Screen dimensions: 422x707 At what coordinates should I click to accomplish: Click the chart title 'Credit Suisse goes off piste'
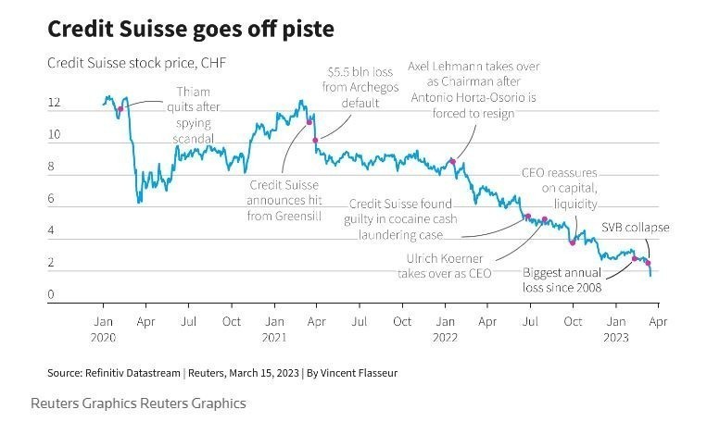point(190,30)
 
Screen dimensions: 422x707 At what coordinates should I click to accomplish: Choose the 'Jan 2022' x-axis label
point(446,329)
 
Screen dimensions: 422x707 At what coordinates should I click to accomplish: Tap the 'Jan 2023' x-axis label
point(615,329)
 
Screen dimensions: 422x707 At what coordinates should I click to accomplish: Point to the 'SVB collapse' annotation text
point(635,228)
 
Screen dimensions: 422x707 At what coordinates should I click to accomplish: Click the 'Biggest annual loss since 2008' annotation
point(562,280)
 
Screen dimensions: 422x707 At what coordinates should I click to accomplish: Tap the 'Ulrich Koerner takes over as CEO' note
point(445,266)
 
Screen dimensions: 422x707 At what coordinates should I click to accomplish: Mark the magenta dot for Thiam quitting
point(120,108)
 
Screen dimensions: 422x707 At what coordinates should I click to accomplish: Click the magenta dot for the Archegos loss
point(316,140)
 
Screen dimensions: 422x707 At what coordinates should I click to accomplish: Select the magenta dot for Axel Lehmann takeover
point(452,161)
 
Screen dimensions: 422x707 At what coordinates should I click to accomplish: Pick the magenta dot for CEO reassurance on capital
point(573,242)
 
